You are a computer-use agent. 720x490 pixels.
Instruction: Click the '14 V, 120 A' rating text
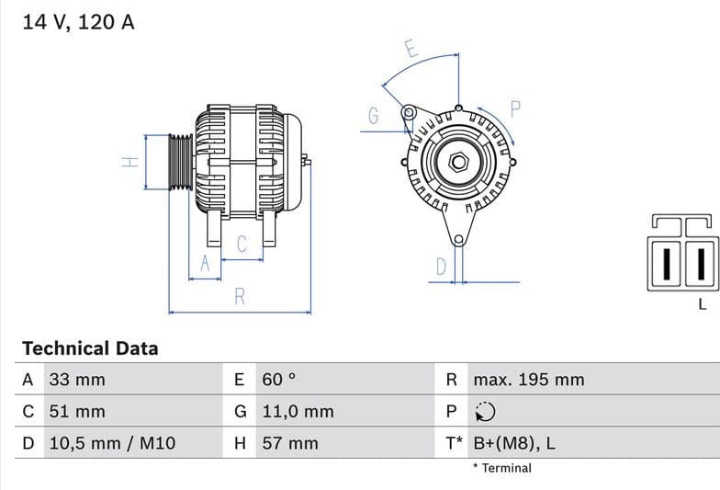pyautogui.click(x=78, y=22)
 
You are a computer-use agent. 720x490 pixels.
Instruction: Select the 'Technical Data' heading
pyautogui.click(x=90, y=348)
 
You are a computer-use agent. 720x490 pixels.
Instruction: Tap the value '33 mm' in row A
pyautogui.click(x=77, y=380)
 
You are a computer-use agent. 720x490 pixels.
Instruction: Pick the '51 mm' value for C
pyautogui.click(x=77, y=412)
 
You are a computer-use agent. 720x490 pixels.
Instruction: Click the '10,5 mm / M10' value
pyautogui.click(x=111, y=443)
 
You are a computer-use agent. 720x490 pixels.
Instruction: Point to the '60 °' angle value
pyautogui.click(x=279, y=380)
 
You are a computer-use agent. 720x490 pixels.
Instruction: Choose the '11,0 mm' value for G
pyautogui.click(x=298, y=412)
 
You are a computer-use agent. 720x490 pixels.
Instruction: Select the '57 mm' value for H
pyautogui.click(x=290, y=443)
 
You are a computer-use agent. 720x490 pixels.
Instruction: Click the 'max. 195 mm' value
pyautogui.click(x=528, y=380)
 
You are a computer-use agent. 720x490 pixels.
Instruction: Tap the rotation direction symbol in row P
pyautogui.click(x=486, y=412)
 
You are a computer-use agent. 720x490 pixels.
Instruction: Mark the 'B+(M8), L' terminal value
pyautogui.click(x=514, y=443)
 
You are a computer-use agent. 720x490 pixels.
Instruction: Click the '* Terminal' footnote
pyautogui.click(x=501, y=468)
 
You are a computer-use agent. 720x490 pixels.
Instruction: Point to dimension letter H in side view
pyautogui.click(x=130, y=162)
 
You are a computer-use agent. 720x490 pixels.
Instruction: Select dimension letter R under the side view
pyautogui.click(x=240, y=297)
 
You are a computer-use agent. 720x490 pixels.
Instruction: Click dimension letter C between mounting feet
pyautogui.click(x=242, y=245)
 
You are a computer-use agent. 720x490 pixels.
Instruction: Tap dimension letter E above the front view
pyautogui.click(x=411, y=50)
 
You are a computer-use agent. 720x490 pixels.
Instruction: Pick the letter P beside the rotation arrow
pyautogui.click(x=515, y=108)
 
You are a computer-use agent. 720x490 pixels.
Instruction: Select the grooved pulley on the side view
pyautogui.click(x=181, y=162)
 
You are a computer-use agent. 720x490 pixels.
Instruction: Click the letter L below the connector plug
pyautogui.click(x=703, y=303)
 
